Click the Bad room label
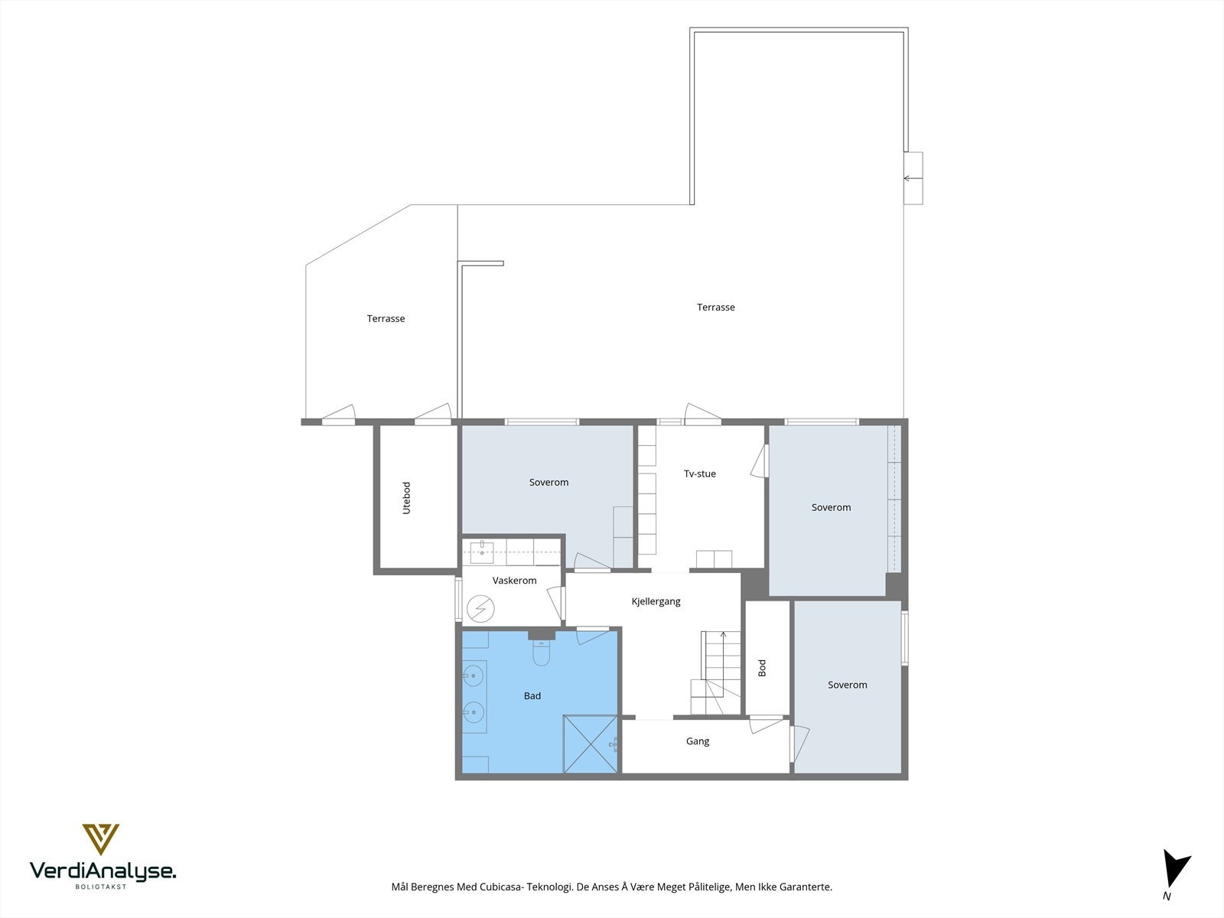[x=532, y=695]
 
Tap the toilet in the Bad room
[x=542, y=652]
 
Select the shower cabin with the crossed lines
[x=591, y=744]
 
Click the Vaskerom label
[x=514, y=580]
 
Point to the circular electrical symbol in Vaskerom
[x=480, y=609]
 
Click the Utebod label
[x=406, y=498]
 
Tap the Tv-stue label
[x=700, y=474]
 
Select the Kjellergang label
[x=656, y=601]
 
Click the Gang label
[x=698, y=741]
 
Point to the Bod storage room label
[x=762, y=668]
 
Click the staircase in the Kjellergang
[x=716, y=672]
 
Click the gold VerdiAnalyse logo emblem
[x=101, y=839]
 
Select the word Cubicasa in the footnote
[x=499, y=887]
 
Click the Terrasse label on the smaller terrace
[x=386, y=319]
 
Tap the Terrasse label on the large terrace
[x=716, y=307]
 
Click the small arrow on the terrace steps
[x=913, y=178]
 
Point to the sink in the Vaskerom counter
[x=481, y=552]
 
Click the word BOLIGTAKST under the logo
[x=101, y=887]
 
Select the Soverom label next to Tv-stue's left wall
[x=549, y=483]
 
